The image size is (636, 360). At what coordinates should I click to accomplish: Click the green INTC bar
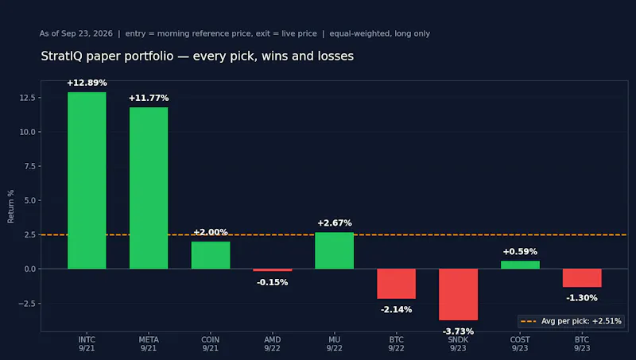click(x=87, y=180)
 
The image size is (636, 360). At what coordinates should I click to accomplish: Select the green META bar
click(x=149, y=188)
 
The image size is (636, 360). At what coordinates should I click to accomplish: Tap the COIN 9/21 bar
click(x=211, y=255)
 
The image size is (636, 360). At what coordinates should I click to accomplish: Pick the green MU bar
click(x=334, y=250)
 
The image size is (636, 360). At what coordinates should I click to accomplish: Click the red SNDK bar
click(x=459, y=294)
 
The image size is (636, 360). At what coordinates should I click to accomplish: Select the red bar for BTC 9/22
click(x=396, y=284)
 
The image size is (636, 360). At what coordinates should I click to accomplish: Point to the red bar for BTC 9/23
click(x=582, y=277)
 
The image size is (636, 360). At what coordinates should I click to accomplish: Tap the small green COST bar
click(x=520, y=265)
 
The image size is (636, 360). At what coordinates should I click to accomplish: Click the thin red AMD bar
click(x=273, y=270)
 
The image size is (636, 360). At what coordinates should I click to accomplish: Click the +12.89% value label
click(x=87, y=83)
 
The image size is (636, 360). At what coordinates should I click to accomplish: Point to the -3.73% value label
click(x=459, y=331)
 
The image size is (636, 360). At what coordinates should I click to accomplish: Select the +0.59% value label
click(x=520, y=252)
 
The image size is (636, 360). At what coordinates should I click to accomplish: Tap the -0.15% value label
click(x=273, y=282)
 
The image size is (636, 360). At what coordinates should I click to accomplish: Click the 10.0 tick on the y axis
click(x=28, y=132)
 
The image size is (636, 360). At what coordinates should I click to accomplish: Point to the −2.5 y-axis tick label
click(x=27, y=304)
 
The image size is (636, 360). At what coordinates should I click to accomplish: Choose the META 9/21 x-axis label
click(x=149, y=344)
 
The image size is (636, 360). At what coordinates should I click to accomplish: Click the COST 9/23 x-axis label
click(x=520, y=344)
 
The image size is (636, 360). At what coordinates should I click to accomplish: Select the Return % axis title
click(x=10, y=207)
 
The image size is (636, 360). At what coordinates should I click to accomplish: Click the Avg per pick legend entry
click(x=571, y=321)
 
